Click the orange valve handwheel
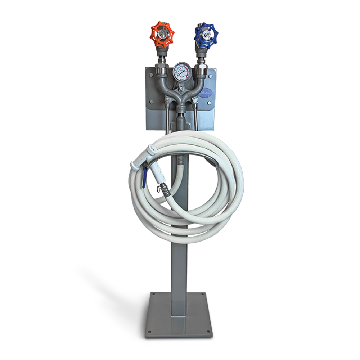[162, 35]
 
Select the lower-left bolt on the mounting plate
[151, 102]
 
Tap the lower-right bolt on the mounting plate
[210, 102]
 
